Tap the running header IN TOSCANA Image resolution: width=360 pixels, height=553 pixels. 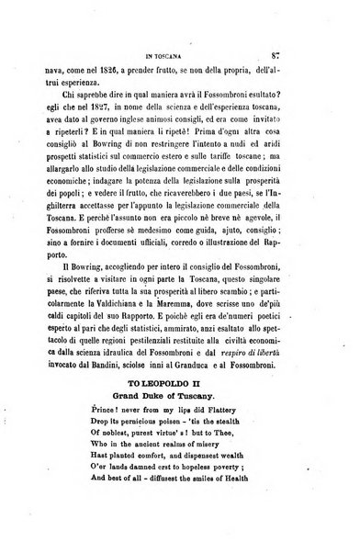tap(179, 36)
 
